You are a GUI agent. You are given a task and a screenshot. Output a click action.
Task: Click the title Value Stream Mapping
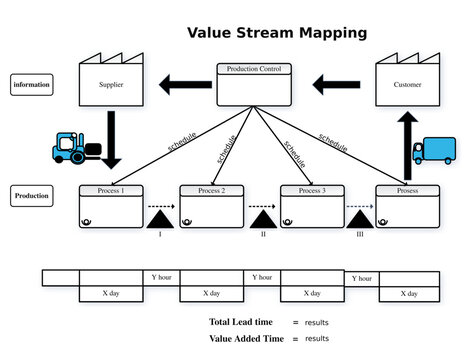277,33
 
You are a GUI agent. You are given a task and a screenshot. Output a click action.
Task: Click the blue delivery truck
433,150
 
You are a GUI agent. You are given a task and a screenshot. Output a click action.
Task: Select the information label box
31,85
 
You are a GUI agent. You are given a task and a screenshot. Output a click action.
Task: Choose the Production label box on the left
31,197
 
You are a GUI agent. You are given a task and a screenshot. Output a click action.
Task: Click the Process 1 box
111,206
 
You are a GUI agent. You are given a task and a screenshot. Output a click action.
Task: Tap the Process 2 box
211,206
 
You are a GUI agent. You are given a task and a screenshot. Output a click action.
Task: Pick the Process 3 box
311,206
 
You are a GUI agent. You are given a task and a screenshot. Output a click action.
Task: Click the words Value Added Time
245,339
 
